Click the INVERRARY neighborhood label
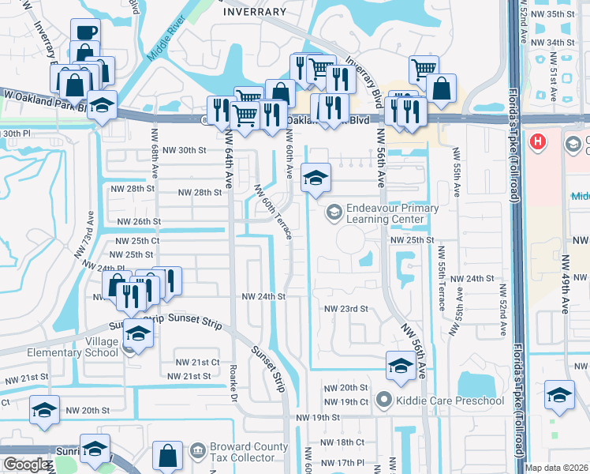254,12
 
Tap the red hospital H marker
538,142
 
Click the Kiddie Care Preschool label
450,401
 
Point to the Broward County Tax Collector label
249,453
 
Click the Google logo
27,465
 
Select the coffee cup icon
85,32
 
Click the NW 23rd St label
346,309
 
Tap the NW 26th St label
139,222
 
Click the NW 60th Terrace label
274,212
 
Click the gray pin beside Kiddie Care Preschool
384,401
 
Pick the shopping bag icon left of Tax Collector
168,456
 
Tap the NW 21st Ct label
198,362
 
